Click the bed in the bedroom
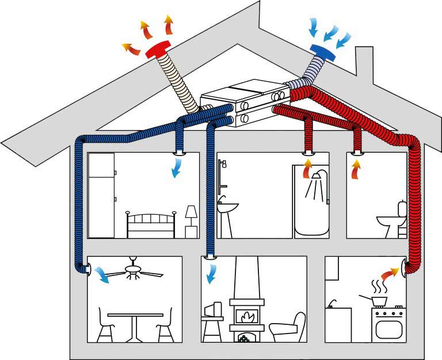point(150,226)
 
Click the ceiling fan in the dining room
point(134,271)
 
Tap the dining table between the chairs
point(136,323)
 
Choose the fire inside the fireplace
point(246,316)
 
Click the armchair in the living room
point(287,328)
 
